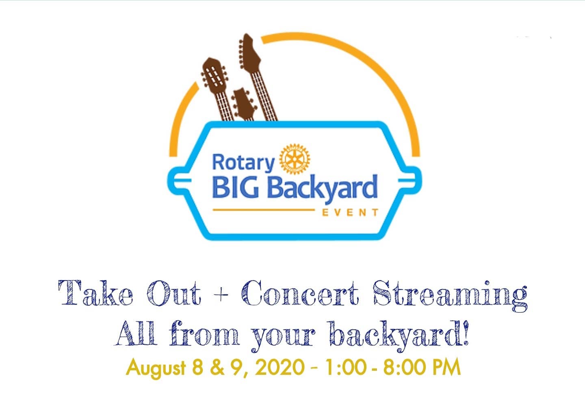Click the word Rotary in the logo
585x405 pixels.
(x=243, y=163)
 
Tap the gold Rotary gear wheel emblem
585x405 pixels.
(x=295, y=159)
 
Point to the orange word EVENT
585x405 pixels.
(x=350, y=212)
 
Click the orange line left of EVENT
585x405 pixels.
(x=264, y=210)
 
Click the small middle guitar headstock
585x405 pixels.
(x=244, y=104)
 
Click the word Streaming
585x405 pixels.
(x=450, y=296)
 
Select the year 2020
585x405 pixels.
(x=279, y=367)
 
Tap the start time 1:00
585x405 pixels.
(x=345, y=367)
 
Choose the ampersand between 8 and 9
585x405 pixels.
(x=217, y=367)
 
